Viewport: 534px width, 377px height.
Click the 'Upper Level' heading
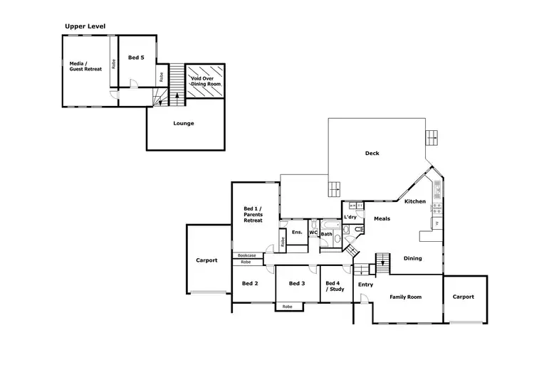click(x=85, y=26)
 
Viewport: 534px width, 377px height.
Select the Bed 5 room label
click(x=136, y=58)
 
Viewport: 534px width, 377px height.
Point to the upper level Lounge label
click(x=184, y=123)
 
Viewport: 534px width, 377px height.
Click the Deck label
click(x=372, y=153)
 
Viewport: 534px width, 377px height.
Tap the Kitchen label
click(x=415, y=201)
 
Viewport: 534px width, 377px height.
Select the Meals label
click(x=382, y=218)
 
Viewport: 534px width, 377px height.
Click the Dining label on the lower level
click(x=413, y=258)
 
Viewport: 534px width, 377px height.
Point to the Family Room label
click(x=407, y=297)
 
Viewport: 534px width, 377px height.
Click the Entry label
click(x=365, y=285)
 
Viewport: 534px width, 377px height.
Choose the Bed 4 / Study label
click(x=335, y=286)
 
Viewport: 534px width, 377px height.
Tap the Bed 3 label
click(x=297, y=283)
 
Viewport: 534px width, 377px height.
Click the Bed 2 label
click(x=249, y=283)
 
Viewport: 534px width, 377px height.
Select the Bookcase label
click(x=247, y=255)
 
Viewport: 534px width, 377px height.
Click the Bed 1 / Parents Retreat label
click(x=253, y=213)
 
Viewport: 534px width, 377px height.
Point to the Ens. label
click(x=297, y=232)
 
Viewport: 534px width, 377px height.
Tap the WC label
click(x=313, y=232)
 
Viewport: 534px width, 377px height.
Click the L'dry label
click(x=350, y=216)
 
